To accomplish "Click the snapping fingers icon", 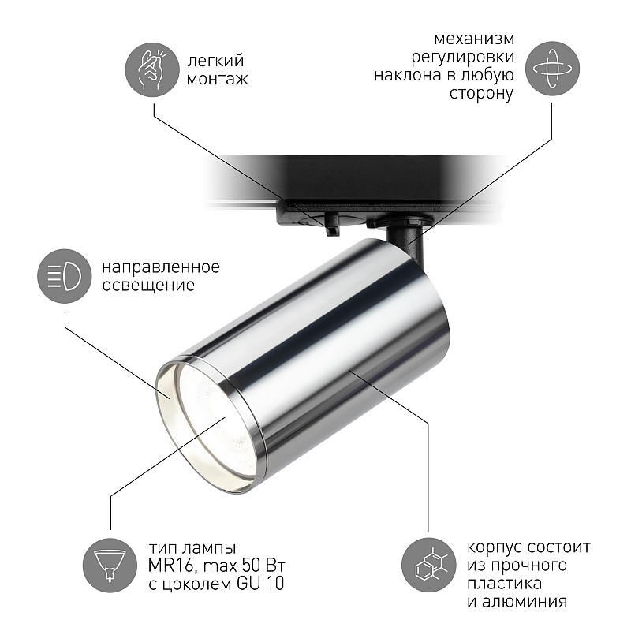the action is pos(152,69).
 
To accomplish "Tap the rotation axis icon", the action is pos(553,69).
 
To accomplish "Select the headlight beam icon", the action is pos(65,276).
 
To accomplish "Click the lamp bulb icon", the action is pos(110,565).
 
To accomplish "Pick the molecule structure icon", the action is pos(429,565).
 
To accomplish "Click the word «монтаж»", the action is pos(218,79).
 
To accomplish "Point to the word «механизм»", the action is pos(474,39).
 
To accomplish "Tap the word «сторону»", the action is pos(481,93).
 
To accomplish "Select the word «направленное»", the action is pos(161,267).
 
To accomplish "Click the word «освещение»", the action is pos(148,285).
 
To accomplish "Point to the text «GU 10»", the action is pos(260,584).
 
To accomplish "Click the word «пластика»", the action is pos(504,584).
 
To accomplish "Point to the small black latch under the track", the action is pos(331,225).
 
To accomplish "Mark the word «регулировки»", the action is pos(462,57).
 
